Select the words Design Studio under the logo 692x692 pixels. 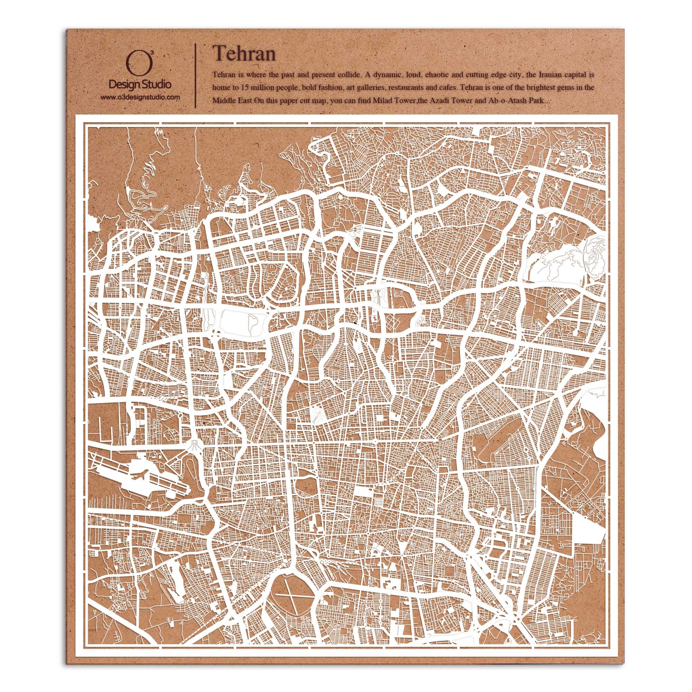click(x=140, y=84)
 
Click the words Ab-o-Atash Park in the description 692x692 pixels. click(x=517, y=101)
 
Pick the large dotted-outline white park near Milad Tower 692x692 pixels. click(x=245, y=321)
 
